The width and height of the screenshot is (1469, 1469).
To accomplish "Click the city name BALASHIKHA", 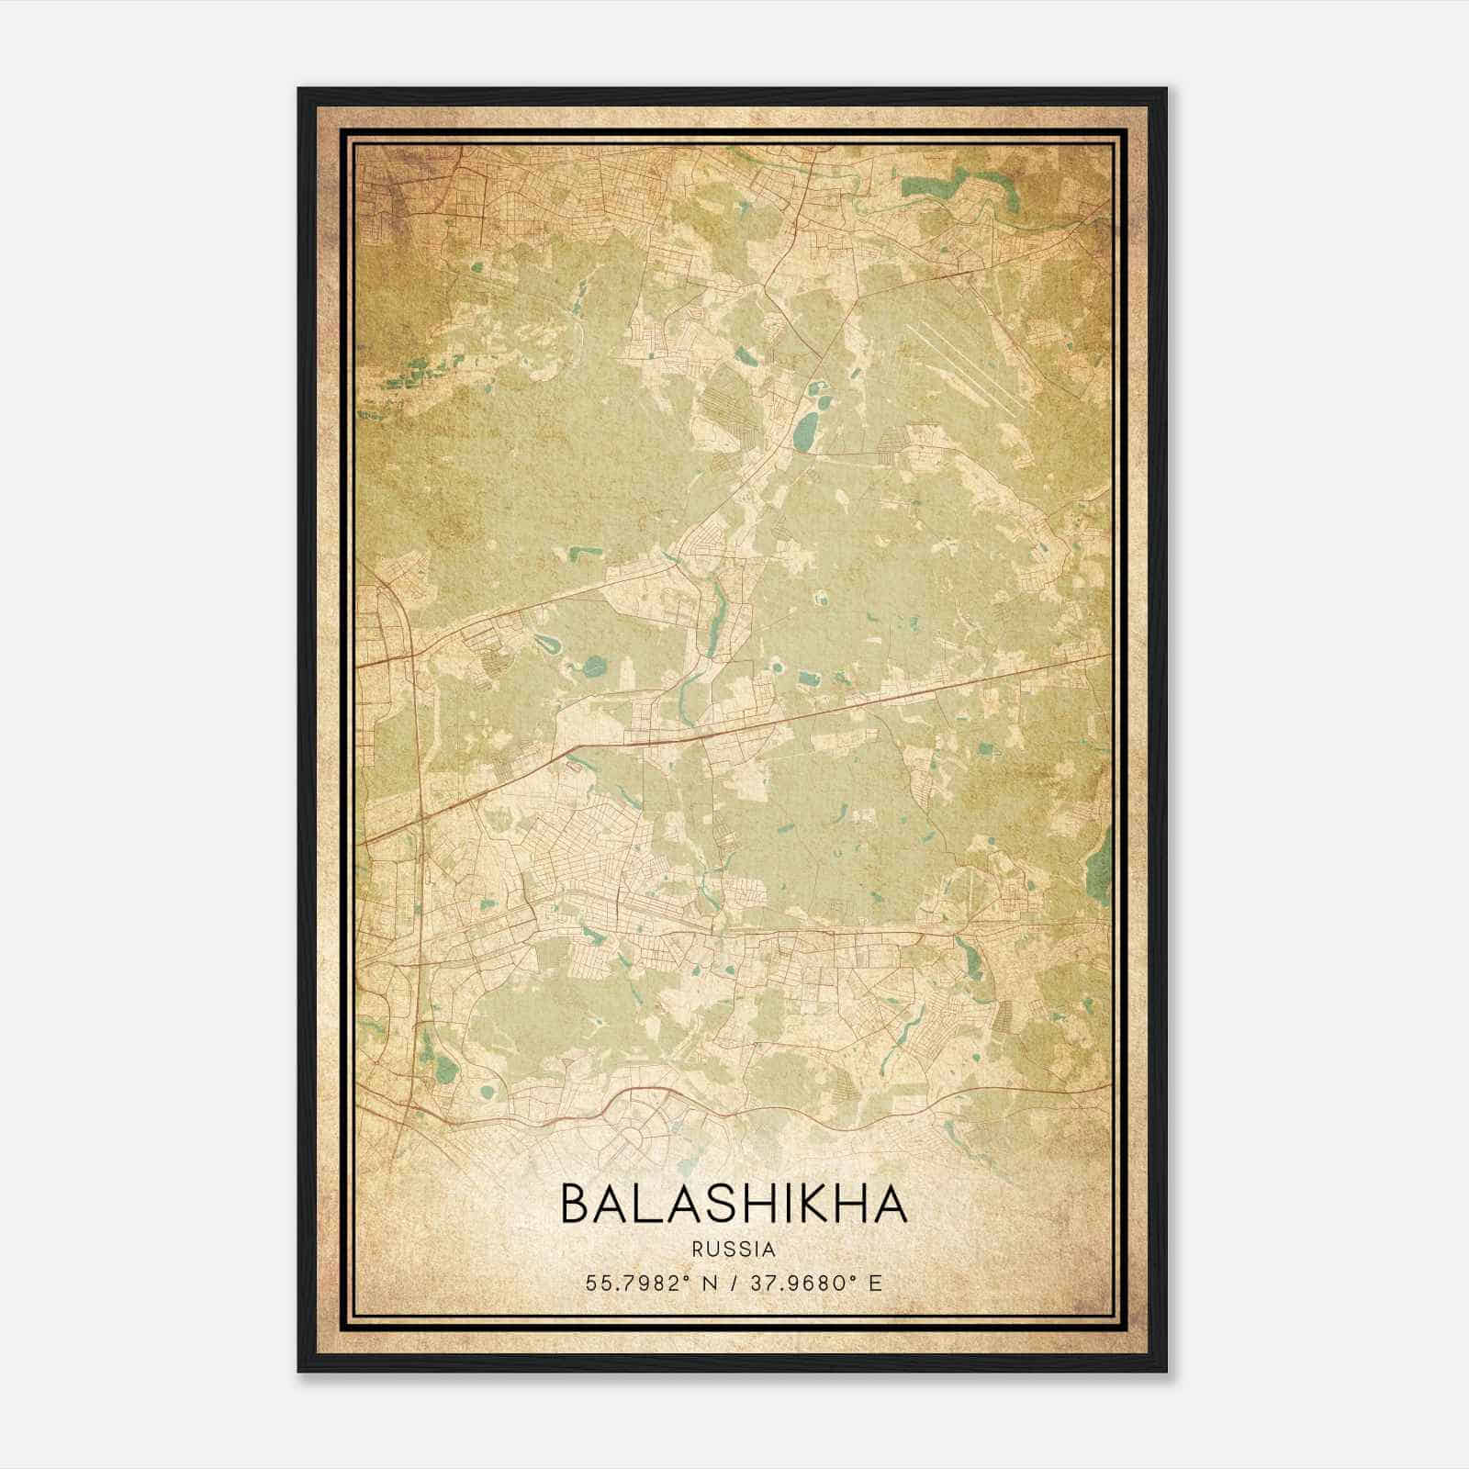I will click(x=734, y=1205).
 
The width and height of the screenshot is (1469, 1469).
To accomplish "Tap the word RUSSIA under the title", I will click(x=734, y=1250).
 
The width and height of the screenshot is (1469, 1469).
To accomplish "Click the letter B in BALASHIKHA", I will click(x=577, y=1205).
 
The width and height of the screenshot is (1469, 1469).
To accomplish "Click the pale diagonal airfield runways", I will click(x=964, y=367).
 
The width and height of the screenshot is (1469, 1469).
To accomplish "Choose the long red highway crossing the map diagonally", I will click(x=734, y=730).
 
